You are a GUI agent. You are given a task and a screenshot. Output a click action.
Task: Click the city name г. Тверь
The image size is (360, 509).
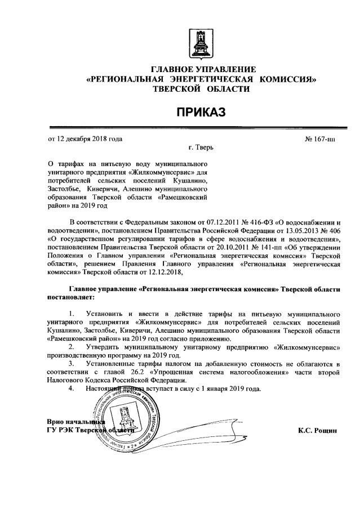coord(201,148)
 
